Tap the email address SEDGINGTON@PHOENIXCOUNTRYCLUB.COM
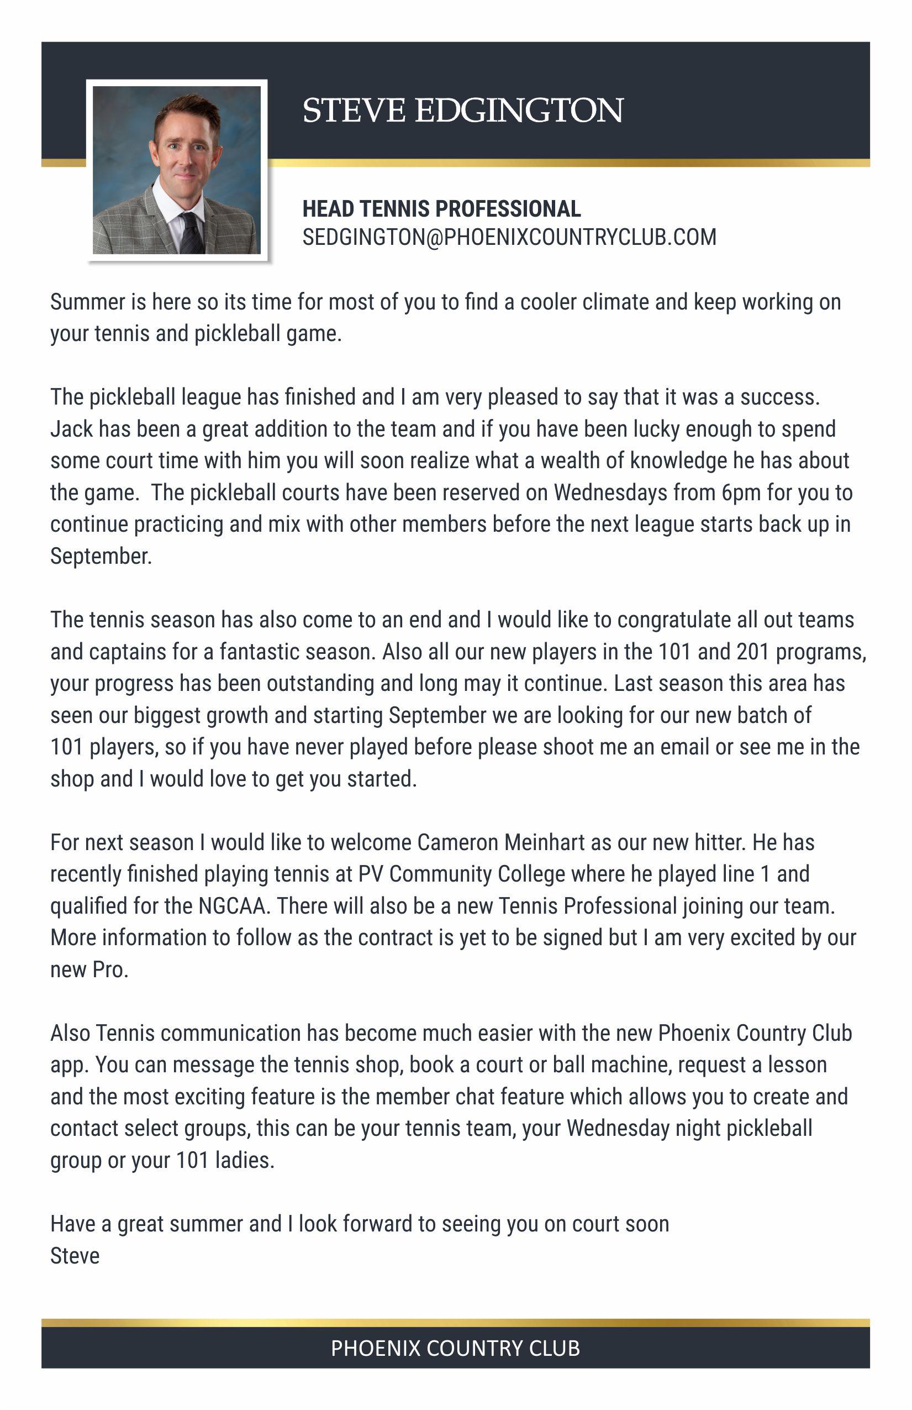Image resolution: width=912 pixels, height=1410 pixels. [509, 237]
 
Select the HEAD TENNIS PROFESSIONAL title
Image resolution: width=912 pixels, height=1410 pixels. [441, 208]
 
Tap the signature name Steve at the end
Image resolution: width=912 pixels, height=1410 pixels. [75, 1255]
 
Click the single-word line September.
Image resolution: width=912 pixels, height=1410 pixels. [101, 555]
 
